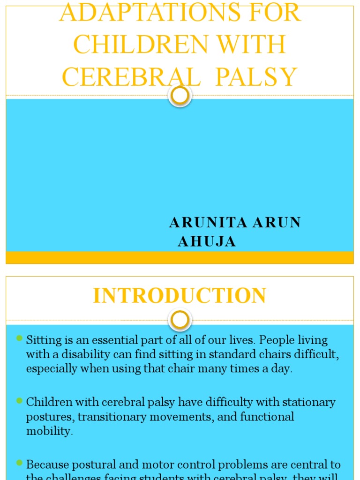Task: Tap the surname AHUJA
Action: pos(207,241)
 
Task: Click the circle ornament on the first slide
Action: pos(180,96)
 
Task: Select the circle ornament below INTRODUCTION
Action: pos(180,321)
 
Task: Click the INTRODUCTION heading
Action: pos(180,296)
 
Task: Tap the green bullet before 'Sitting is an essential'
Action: pos(19,338)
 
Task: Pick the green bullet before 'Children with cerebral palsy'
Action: pos(19,401)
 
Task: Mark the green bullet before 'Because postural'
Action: pos(19,463)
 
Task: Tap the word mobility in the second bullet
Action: pos(48,431)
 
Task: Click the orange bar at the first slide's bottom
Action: pos(180,257)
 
